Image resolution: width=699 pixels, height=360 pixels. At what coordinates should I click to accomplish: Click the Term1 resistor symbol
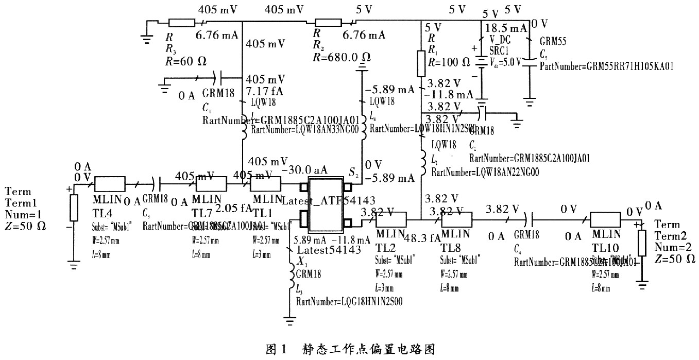tap(74, 207)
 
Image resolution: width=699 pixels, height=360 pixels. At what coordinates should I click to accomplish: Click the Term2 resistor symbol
tap(642, 243)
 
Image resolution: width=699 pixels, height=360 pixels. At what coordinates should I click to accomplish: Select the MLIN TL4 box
tap(109, 184)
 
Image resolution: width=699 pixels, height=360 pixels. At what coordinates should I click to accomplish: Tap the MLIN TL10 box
tap(606, 220)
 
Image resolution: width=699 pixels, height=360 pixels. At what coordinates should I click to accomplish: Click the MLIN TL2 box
tap(391, 220)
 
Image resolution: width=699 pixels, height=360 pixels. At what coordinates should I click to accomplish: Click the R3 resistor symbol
tap(181, 23)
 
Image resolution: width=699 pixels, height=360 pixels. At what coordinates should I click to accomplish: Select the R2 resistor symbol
tap(329, 23)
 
